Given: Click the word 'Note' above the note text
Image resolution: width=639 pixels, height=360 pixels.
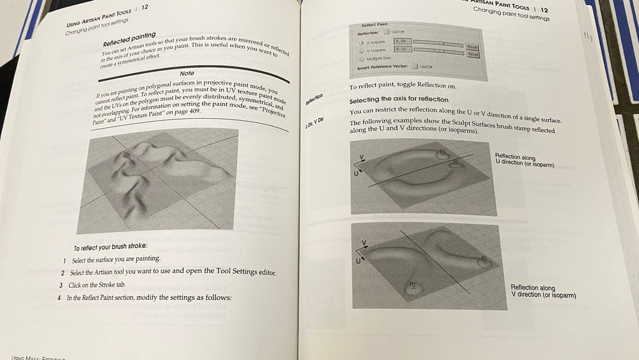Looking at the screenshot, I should point(187,74).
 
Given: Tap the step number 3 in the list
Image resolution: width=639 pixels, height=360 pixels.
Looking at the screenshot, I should point(61,285).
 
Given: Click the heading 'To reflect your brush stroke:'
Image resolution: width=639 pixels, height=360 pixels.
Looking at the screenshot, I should point(110,247).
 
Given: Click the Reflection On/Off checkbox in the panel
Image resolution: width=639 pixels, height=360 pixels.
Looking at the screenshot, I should point(386,32).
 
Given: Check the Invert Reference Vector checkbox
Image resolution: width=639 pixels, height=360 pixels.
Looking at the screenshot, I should point(415,66).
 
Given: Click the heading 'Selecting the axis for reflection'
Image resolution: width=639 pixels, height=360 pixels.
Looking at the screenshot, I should point(399,100).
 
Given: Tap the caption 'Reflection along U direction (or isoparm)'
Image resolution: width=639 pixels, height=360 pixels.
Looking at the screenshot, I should point(524,161).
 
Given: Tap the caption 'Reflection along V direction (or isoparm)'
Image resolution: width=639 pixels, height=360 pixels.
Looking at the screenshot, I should point(543,292).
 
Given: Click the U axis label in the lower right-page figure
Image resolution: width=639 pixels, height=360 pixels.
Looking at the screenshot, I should point(358,261).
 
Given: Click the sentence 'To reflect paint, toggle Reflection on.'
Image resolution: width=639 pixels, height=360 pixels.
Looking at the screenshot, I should point(403,86).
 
